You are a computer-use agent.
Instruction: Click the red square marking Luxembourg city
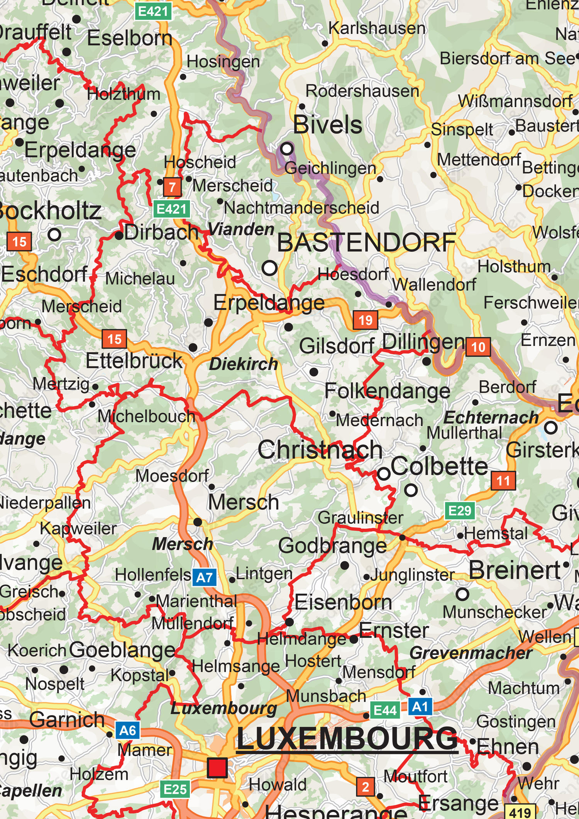(217, 768)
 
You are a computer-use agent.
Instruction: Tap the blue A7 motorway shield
(204, 577)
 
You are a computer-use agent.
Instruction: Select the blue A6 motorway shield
(128, 730)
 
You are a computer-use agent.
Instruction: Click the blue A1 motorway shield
(420, 707)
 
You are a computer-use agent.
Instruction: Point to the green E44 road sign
(385, 710)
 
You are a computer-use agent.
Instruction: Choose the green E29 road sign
(459, 511)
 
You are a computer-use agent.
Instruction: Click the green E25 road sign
(175, 789)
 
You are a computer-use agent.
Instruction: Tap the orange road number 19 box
(365, 320)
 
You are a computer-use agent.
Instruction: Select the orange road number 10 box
(478, 347)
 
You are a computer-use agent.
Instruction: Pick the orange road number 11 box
(503, 481)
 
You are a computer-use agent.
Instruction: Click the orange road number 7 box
(172, 187)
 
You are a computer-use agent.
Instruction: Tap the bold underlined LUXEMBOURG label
(347, 739)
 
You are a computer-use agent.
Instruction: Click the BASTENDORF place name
(367, 242)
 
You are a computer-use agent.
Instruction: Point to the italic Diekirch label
(244, 364)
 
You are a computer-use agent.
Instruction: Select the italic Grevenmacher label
(471, 653)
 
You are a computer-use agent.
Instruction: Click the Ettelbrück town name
(134, 361)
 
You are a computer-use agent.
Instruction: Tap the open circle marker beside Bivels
(287, 148)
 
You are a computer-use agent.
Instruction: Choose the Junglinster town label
(413, 575)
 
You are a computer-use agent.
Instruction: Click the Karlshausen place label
(377, 28)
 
